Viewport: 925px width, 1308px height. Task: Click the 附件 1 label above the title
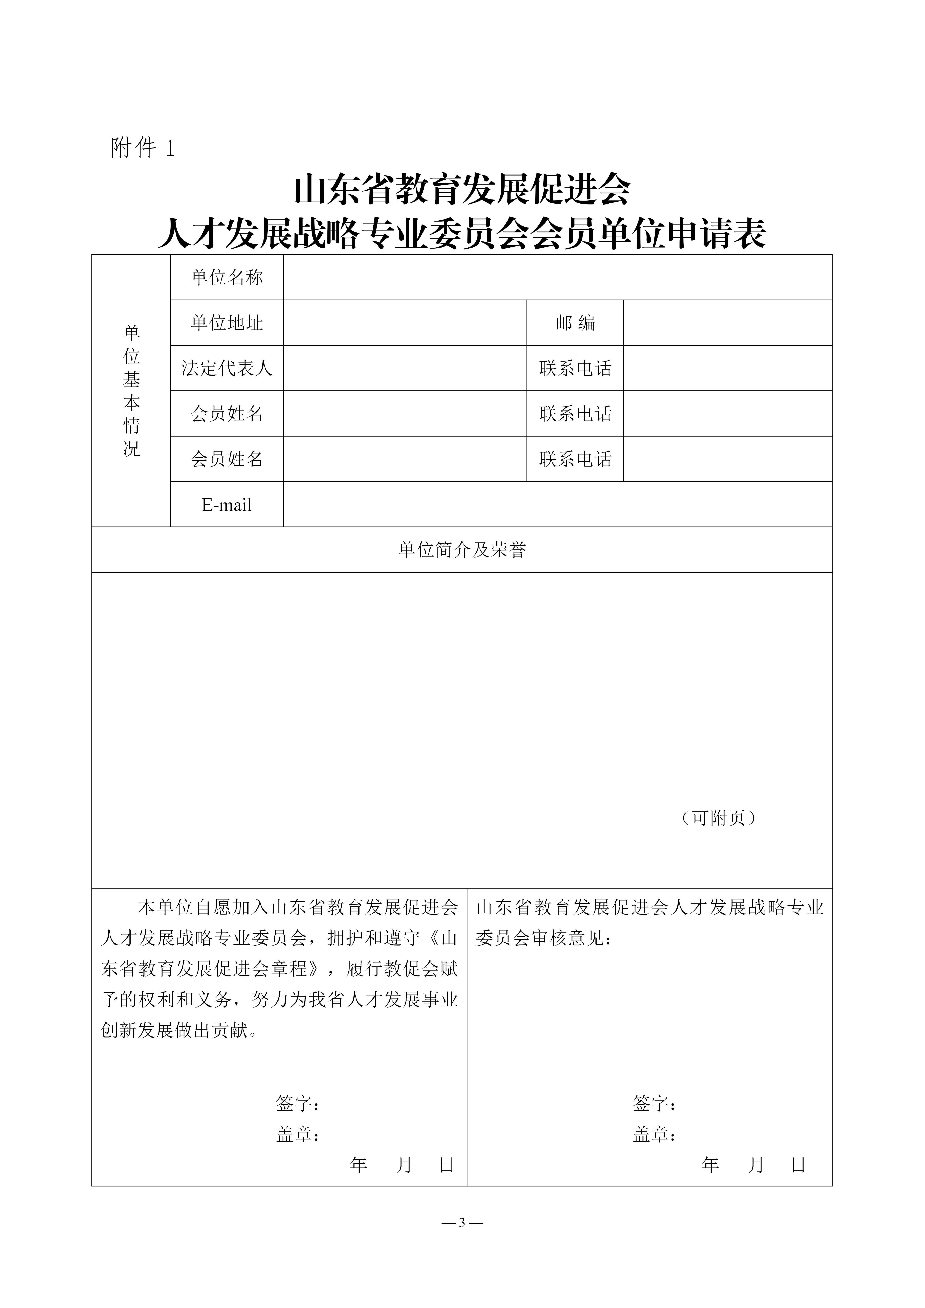pyautogui.click(x=142, y=148)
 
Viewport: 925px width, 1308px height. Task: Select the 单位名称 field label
pyautogui.click(x=227, y=277)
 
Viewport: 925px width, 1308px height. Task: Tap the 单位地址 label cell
pyautogui.click(x=227, y=323)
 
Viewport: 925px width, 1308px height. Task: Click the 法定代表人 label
pyautogui.click(x=227, y=368)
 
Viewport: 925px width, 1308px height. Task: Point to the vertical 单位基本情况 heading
pyautogui.click(x=132, y=391)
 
